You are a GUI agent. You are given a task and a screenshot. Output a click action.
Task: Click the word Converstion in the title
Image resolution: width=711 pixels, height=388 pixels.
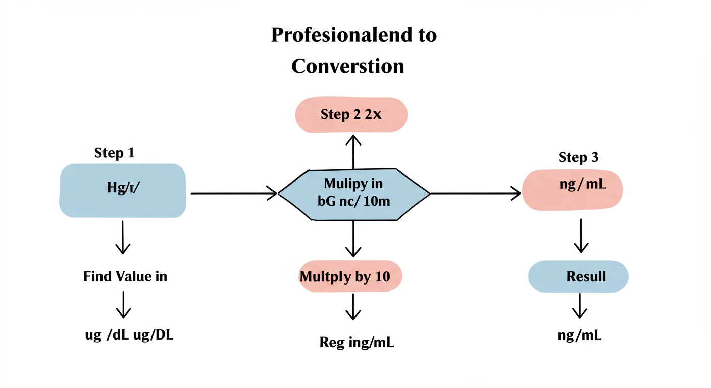pyautogui.click(x=348, y=66)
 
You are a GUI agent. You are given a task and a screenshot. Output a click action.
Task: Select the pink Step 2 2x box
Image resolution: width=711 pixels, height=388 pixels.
pyautogui.click(x=351, y=115)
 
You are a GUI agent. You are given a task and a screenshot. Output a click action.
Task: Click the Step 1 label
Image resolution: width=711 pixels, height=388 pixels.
pyautogui.click(x=115, y=153)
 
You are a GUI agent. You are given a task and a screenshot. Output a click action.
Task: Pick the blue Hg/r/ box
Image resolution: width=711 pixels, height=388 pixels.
pyautogui.click(x=123, y=190)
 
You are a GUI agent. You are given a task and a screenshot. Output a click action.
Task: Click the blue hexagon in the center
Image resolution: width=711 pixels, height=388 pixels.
pyautogui.click(x=353, y=194)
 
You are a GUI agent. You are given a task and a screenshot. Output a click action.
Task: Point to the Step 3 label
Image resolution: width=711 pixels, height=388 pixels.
pyautogui.click(x=579, y=157)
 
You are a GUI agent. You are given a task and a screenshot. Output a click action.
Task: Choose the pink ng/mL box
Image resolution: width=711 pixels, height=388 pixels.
pyautogui.click(x=573, y=189)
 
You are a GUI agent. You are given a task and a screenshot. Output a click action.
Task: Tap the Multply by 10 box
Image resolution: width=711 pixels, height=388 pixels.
pyautogui.click(x=351, y=276)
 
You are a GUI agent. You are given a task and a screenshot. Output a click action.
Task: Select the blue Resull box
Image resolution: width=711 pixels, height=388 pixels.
pyautogui.click(x=579, y=277)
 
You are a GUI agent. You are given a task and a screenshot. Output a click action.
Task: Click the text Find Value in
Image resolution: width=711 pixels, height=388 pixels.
pyautogui.click(x=125, y=276)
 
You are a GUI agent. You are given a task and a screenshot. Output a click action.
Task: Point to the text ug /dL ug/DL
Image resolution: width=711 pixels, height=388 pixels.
pyautogui.click(x=129, y=335)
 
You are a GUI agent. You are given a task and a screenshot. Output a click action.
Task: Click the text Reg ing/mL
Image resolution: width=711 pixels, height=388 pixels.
pyautogui.click(x=357, y=343)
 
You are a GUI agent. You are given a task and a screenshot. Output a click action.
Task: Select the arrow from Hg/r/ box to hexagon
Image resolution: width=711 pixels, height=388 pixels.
pyautogui.click(x=233, y=193)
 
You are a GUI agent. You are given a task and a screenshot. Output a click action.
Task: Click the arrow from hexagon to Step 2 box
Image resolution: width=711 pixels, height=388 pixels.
pyautogui.click(x=353, y=152)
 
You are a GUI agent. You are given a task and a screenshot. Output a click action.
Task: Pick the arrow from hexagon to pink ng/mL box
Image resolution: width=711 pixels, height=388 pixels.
pyautogui.click(x=475, y=193)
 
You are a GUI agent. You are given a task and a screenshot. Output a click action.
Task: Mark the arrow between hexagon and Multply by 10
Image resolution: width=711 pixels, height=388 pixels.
pyautogui.click(x=353, y=239)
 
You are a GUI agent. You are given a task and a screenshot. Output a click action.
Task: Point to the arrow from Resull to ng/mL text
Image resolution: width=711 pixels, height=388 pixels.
pyautogui.click(x=579, y=306)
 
